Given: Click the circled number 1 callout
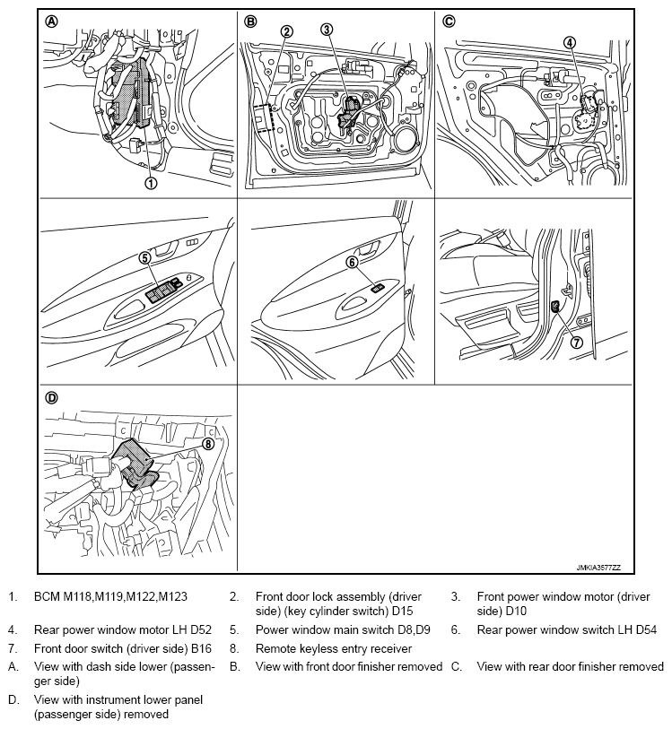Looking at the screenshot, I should pos(151,182).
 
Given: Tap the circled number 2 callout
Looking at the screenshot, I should pos(286,31).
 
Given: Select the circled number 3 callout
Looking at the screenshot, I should pos(327,30).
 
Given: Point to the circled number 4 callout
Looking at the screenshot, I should pos(569,42).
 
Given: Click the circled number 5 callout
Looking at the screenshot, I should pos(144,258).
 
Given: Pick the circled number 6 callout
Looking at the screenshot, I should pos(352,263).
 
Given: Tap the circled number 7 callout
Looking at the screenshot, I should pos(577,342).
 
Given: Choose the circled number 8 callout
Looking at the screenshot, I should pos(208,442).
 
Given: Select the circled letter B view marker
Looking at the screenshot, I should pos(250,22).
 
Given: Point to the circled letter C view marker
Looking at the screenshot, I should pos(449,22).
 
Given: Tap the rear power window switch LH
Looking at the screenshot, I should pos(379,288).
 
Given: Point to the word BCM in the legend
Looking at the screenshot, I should pos(46,596).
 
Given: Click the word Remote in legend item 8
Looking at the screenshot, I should pos(275,648).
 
